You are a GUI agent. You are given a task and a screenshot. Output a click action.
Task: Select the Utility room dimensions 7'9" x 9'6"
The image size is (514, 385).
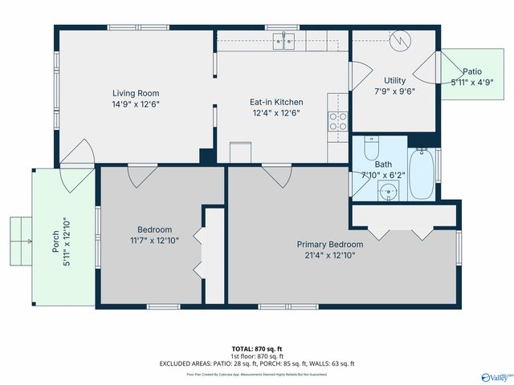[x=394, y=91]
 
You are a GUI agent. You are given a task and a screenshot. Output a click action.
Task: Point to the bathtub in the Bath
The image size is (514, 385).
[x=422, y=175]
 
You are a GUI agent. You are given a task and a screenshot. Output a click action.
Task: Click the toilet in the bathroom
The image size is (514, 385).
[x=371, y=149]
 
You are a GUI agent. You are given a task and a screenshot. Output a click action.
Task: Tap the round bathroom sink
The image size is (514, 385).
[x=389, y=192]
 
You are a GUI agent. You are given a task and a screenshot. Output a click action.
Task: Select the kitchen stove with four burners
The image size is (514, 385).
[x=337, y=121]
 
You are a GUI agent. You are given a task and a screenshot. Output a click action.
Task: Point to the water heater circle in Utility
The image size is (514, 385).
[x=399, y=39]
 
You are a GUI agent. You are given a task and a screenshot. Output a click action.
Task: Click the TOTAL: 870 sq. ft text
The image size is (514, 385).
[x=257, y=349]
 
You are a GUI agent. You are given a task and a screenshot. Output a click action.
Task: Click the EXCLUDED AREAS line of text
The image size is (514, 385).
[x=257, y=363]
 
